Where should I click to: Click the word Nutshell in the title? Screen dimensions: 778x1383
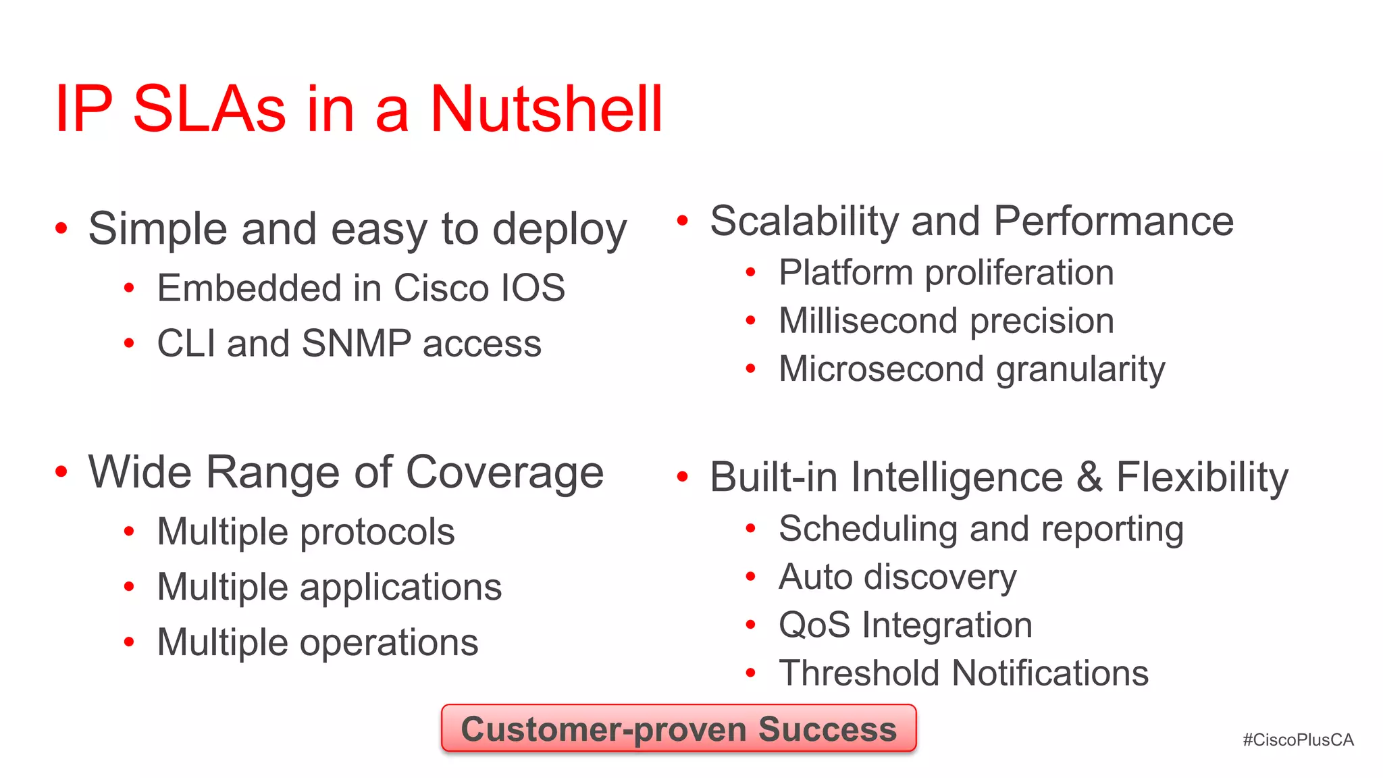click(546, 109)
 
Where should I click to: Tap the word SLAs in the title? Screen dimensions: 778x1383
click(209, 109)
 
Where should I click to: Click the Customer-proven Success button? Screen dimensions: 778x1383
click(679, 729)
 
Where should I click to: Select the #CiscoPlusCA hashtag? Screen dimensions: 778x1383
click(1298, 740)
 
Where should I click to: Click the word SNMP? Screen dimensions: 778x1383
click(356, 343)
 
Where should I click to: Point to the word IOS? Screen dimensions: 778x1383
click(532, 288)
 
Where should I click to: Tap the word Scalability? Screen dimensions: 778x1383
click(804, 222)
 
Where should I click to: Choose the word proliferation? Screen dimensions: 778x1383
click(1019, 273)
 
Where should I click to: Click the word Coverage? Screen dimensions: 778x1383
click(504, 472)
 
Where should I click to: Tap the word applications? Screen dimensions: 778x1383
click(400, 588)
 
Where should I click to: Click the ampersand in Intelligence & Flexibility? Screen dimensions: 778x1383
click(1089, 477)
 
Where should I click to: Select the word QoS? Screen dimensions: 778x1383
click(814, 625)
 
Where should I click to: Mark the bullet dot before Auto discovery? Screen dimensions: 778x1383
click(750, 577)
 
